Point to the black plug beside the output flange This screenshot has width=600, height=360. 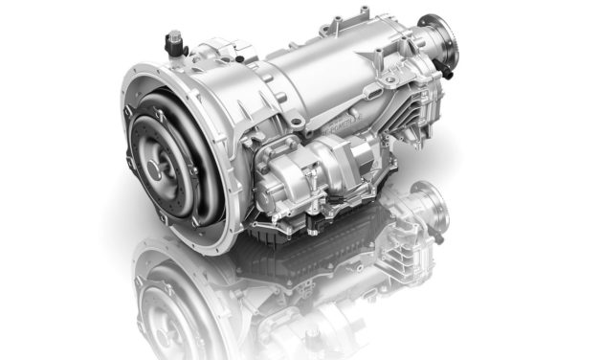tap(446, 68)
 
